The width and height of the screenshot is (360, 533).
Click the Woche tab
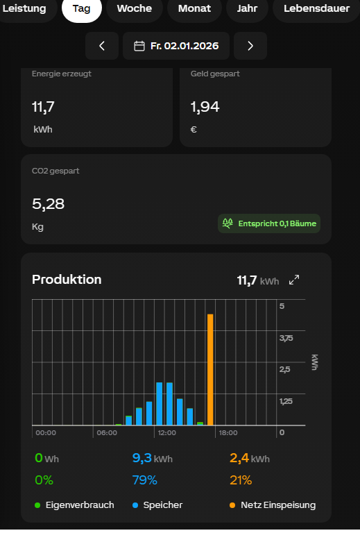coord(135,8)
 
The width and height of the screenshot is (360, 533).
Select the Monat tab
coord(194,8)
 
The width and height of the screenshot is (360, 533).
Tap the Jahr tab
coord(247,8)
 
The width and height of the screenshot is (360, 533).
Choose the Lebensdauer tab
coord(316,8)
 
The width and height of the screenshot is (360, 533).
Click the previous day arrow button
coord(102,46)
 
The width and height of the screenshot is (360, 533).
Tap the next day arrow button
coord(250,46)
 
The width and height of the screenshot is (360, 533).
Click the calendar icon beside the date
coord(139,46)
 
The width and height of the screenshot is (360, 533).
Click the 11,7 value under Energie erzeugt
coord(43,107)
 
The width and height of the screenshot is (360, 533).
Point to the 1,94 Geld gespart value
coord(205,107)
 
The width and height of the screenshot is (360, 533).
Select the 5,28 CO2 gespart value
coord(49,204)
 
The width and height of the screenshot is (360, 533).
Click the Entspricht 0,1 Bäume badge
coord(269,223)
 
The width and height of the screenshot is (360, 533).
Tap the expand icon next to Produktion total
coord(294,280)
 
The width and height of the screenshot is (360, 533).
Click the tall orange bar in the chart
coord(210,370)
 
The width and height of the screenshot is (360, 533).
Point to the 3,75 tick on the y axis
coord(286,338)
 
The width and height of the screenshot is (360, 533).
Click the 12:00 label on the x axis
coord(166,433)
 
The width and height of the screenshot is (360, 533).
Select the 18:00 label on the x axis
coord(228,433)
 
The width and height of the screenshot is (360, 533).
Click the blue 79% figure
coord(145,480)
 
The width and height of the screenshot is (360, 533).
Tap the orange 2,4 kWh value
coord(250,458)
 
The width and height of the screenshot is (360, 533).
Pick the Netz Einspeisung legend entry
coord(273,505)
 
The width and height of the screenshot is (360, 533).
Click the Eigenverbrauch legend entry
coord(74,505)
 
